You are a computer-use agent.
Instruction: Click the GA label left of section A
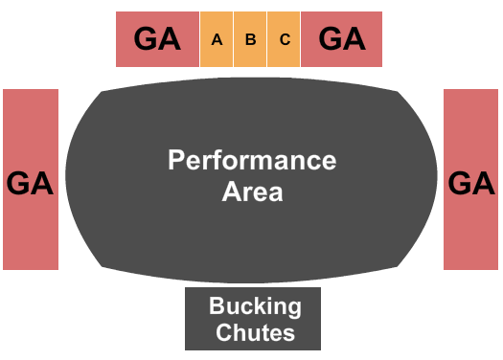pyautogui.click(x=157, y=39)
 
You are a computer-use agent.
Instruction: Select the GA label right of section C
pyautogui.click(x=342, y=39)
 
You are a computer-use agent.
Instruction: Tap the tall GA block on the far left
pyautogui.click(x=31, y=180)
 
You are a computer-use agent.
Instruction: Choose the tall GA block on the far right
pyautogui.click(x=471, y=180)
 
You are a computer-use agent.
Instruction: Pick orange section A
pyautogui.click(x=217, y=40)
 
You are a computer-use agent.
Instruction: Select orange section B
pyautogui.click(x=251, y=40)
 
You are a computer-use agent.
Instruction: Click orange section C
pyautogui.click(x=285, y=40)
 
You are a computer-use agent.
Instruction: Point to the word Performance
pyautogui.click(x=252, y=160)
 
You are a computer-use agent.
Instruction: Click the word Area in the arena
pyautogui.click(x=252, y=191)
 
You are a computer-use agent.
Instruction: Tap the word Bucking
pyautogui.click(x=255, y=307)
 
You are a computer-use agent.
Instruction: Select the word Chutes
pyautogui.click(x=255, y=332)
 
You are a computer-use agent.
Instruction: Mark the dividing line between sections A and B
pyautogui.click(x=234, y=40)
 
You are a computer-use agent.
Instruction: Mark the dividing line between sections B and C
pyautogui.click(x=267, y=40)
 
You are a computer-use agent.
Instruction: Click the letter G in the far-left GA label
pyautogui.click(x=20, y=182)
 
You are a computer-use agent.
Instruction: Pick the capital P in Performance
pyautogui.click(x=176, y=160)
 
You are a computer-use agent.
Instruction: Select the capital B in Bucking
pyautogui.click(x=217, y=307)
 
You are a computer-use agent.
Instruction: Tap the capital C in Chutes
pyautogui.click(x=223, y=332)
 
